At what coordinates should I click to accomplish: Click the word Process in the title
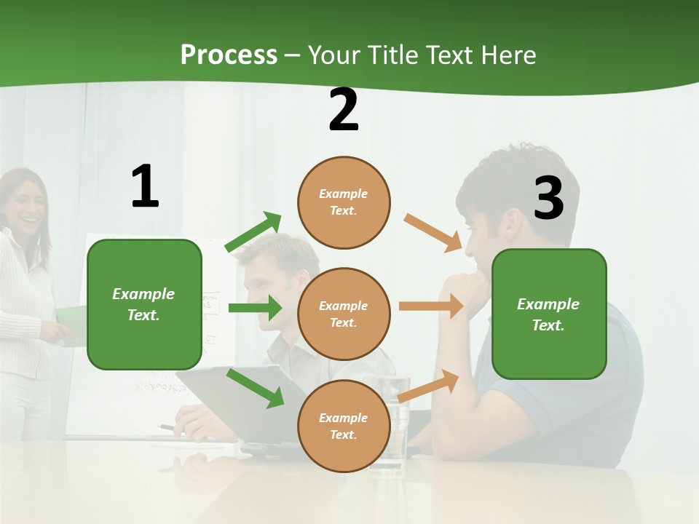tap(229, 55)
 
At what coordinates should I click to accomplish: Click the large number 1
tap(145, 186)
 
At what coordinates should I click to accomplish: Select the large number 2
tap(344, 111)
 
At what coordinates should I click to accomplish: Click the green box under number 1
tap(144, 304)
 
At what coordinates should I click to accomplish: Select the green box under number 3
tap(549, 314)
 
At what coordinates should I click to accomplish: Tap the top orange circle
tap(344, 202)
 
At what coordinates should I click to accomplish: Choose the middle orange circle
tap(344, 314)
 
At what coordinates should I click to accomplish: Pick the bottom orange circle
tap(344, 426)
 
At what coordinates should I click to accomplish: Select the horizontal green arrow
tap(255, 308)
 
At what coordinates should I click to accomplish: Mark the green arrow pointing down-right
tap(256, 387)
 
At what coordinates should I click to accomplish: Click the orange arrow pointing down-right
tap(433, 233)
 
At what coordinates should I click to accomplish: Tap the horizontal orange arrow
tap(431, 306)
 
